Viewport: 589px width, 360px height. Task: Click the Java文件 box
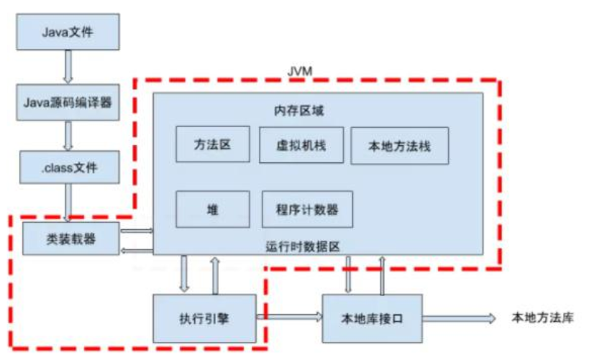coord(68,32)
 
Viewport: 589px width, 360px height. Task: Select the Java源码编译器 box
coord(68,103)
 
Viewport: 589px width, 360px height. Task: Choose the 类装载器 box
coord(70,239)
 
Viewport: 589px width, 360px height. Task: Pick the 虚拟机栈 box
coord(301,144)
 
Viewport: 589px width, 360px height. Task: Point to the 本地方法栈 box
coord(399,146)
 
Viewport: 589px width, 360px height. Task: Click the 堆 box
coord(213,209)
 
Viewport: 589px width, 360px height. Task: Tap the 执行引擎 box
coord(205,317)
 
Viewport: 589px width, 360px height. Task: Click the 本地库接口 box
coord(372,317)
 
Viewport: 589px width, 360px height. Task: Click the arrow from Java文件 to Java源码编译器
coord(68,67)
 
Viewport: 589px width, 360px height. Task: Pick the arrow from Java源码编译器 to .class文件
coord(68,135)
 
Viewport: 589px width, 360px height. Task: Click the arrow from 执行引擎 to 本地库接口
coord(289,317)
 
